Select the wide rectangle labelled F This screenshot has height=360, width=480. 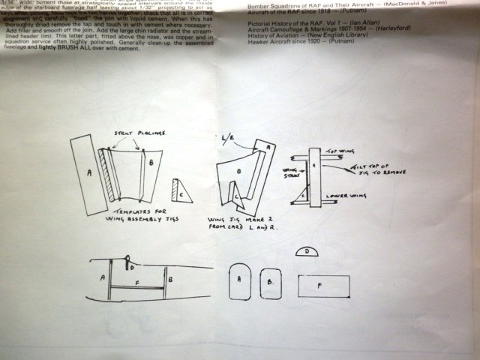[x=323, y=286]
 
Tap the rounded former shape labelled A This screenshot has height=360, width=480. [x=238, y=281]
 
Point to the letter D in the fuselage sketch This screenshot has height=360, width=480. [x=132, y=265]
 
